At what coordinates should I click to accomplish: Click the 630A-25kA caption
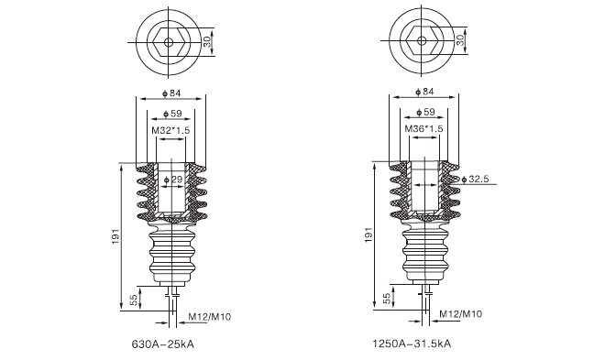click(x=163, y=344)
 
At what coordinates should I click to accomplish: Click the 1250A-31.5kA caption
click(x=412, y=344)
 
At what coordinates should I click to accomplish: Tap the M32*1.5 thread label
click(x=170, y=130)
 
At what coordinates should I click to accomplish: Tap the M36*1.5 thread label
click(x=423, y=129)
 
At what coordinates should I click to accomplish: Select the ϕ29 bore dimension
click(x=173, y=180)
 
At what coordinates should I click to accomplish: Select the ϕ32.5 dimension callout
click(x=475, y=179)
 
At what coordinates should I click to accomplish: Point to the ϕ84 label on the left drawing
click(x=171, y=93)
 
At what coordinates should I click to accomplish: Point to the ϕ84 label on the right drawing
click(x=424, y=92)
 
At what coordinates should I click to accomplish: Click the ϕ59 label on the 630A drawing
click(x=172, y=114)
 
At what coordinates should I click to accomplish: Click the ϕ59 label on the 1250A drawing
click(x=425, y=112)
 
